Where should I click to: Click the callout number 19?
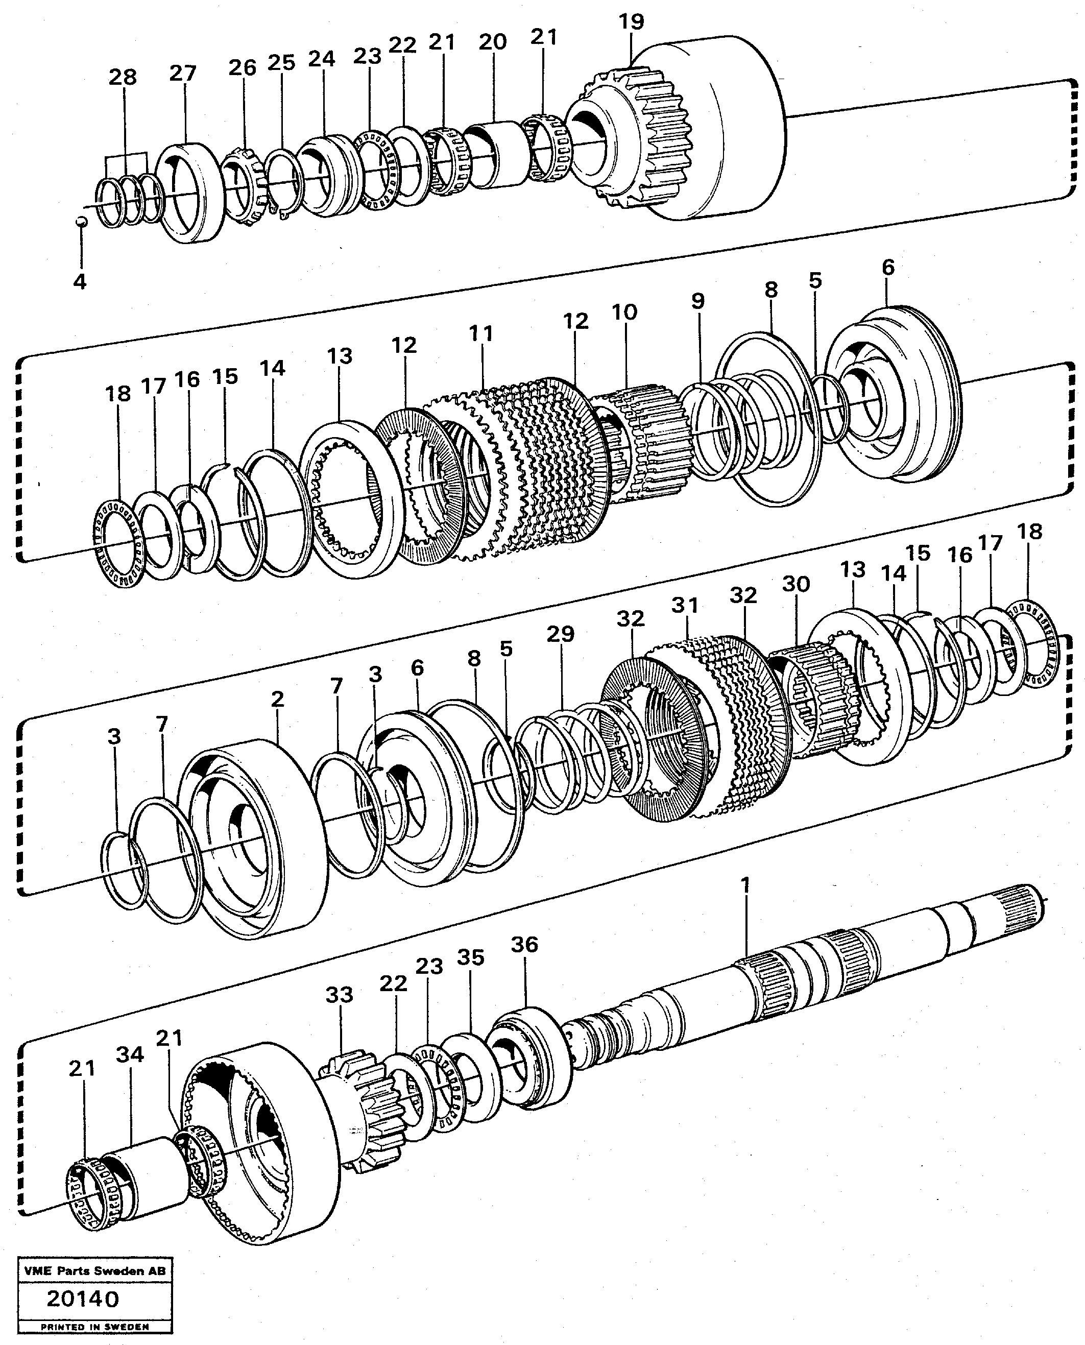coord(631,22)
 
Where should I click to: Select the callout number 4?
coord(79,282)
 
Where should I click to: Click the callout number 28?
coord(122,78)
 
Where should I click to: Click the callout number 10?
coord(624,312)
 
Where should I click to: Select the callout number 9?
coord(698,301)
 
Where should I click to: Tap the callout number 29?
coord(560,634)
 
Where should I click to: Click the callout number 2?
coord(277,699)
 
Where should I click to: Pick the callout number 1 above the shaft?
coord(744,884)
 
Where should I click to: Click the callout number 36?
coord(524,944)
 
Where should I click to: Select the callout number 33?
coord(340,994)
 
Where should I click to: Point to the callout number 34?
coord(130,1054)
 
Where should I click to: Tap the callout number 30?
coord(795,584)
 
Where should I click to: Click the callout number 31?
coord(685,605)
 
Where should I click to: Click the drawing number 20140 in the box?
coord(83,1300)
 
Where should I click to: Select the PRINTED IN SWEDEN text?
coord(95,1327)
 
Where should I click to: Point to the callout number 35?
coord(470,957)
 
